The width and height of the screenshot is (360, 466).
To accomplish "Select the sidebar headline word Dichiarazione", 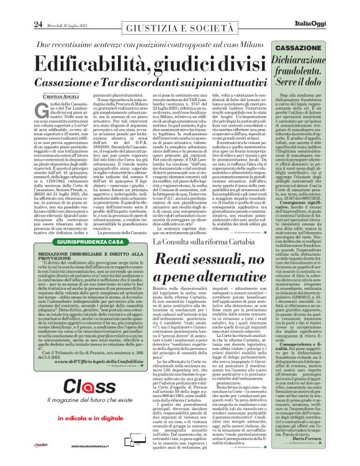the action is (x=321, y=61).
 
